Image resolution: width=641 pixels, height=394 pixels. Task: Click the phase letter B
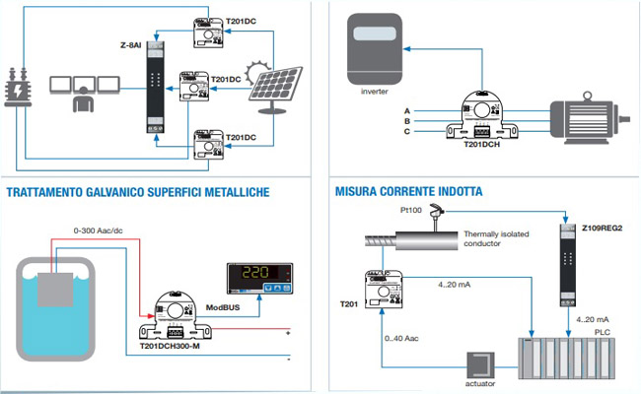coord(407,119)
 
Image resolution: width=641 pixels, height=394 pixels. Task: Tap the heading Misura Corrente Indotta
coord(409,190)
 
